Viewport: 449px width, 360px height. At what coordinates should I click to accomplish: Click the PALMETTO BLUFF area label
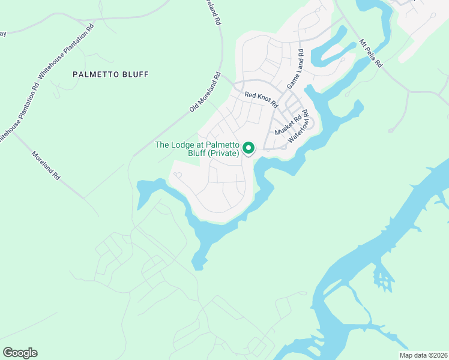[x=110, y=74]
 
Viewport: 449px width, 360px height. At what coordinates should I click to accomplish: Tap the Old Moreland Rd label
[x=205, y=92]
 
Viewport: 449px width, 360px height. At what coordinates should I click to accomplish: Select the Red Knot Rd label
[x=262, y=99]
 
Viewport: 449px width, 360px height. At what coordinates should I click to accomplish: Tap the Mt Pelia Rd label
[x=370, y=53]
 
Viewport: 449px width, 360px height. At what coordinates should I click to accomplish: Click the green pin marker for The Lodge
[x=248, y=148]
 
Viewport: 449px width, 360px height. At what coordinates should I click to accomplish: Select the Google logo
[x=20, y=353]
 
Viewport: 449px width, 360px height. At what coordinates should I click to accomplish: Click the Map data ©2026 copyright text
[x=424, y=355]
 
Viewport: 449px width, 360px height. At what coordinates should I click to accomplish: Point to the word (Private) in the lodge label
[x=224, y=154]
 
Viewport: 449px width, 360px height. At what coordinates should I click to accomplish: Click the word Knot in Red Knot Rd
[x=263, y=99]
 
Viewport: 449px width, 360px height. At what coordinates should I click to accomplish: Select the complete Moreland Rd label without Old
[x=47, y=166]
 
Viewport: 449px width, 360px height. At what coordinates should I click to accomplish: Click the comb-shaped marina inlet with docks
[x=382, y=275]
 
